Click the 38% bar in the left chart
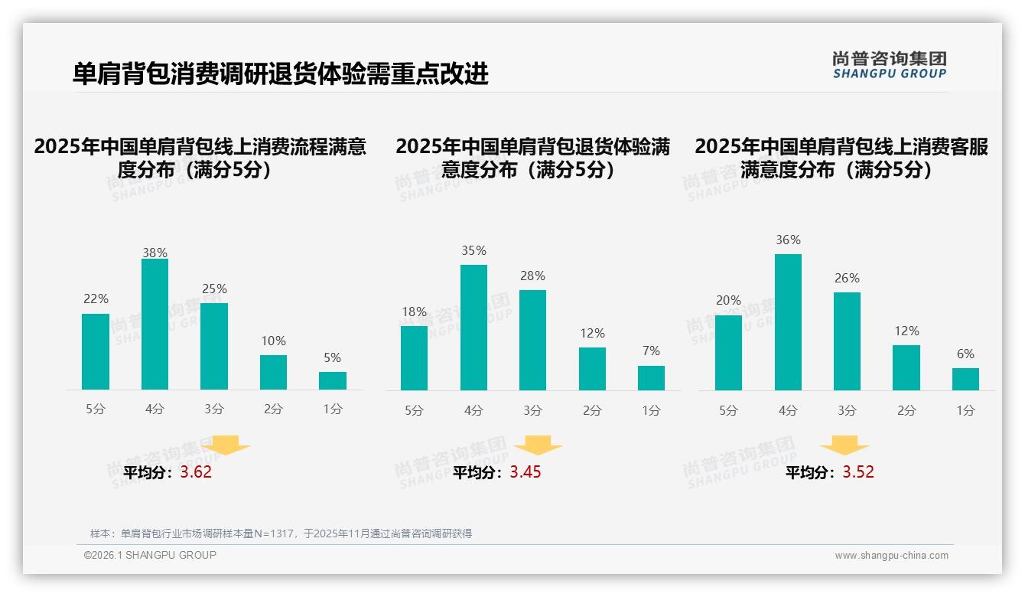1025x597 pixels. point(155,325)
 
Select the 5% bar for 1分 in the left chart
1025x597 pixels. point(333,380)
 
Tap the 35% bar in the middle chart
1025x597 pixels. point(473,328)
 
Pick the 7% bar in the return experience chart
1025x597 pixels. point(651,378)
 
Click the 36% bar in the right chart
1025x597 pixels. point(788,322)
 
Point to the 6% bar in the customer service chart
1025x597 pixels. point(965,379)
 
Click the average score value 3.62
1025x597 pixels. point(196,472)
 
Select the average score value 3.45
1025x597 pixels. point(526,472)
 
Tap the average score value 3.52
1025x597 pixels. point(858,472)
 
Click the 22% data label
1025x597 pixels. point(96,299)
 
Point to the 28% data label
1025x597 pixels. point(532,276)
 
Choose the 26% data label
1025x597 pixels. point(847,278)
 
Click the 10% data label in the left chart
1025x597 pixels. point(273,341)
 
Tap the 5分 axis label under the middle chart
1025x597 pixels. point(414,410)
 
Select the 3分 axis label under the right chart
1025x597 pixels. point(847,410)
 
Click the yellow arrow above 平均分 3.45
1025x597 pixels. point(538,445)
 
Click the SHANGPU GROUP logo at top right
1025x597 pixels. point(889,65)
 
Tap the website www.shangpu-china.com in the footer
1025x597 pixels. point(891,556)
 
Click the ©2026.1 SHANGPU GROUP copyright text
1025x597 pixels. point(150,555)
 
